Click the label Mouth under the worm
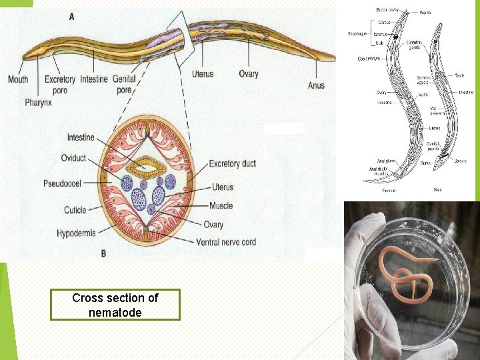coord(18,79)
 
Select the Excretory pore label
coord(60,84)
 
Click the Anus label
coord(316,85)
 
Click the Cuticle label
coord(75,210)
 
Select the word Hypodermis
coord(76,233)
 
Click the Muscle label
coord(221,206)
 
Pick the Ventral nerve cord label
coord(226,241)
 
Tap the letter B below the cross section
coord(103,253)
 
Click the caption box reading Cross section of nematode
coord(115,305)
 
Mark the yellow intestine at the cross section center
coord(150,165)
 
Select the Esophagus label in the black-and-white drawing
coord(357,34)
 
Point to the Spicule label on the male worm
coord(461,161)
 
